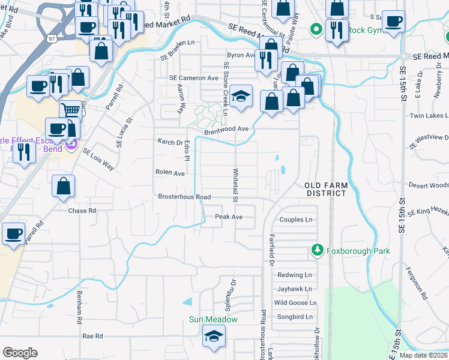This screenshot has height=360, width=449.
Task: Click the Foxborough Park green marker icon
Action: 316,250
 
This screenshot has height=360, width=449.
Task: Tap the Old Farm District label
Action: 325,189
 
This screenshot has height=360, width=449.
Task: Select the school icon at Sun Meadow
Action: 214,337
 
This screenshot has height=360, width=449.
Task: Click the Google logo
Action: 20,353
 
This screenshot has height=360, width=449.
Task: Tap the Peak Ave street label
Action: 229,217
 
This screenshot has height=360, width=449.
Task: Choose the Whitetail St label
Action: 236,185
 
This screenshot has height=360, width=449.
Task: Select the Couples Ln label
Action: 296,220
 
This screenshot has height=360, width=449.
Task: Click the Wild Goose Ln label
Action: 294,302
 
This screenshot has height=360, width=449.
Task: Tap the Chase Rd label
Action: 82,211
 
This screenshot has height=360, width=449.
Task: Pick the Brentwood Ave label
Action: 226,128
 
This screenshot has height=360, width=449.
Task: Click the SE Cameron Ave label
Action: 194,78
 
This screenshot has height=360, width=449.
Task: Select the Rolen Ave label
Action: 170,172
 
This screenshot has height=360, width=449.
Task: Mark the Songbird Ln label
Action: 294,316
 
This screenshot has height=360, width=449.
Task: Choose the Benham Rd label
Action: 79,307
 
